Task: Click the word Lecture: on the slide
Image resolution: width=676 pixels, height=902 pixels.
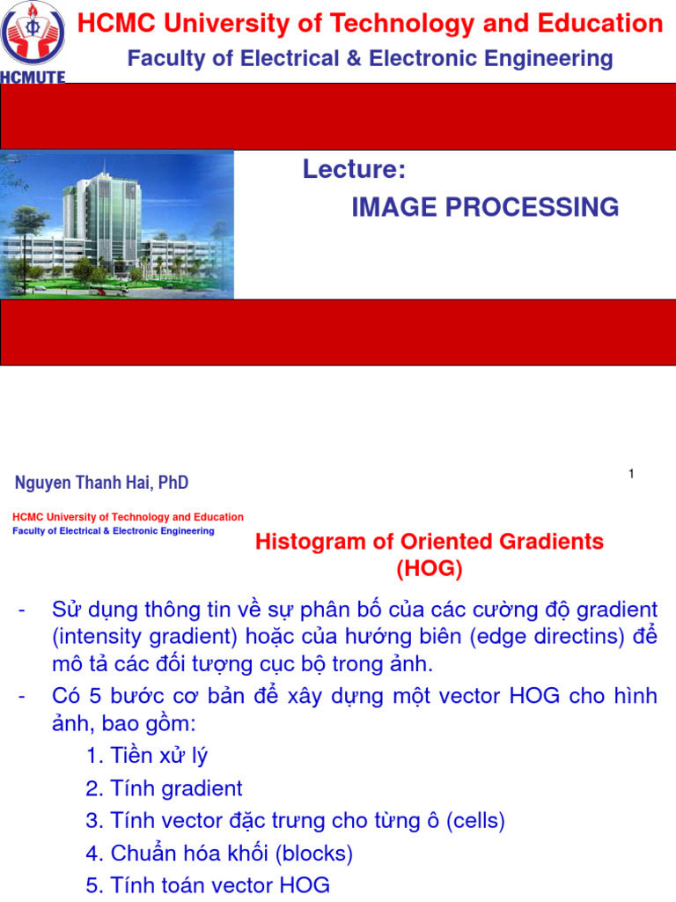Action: point(354,169)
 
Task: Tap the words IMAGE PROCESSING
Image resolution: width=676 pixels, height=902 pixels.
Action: point(485,208)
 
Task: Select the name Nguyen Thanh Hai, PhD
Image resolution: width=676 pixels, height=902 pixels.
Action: point(102,483)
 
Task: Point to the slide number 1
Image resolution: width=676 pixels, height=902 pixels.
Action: point(631,475)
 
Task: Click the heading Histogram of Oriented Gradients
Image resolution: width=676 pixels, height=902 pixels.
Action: point(430,542)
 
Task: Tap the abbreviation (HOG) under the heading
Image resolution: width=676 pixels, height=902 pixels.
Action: point(430,569)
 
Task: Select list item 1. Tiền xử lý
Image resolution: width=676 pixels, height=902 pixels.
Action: point(147,755)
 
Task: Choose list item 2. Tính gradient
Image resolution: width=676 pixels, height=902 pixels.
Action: point(165,788)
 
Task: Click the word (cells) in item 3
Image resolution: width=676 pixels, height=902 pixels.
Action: point(476,821)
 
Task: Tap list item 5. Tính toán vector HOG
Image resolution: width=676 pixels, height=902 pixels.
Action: point(209,886)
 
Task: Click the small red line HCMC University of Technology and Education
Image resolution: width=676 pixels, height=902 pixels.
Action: point(128,517)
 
